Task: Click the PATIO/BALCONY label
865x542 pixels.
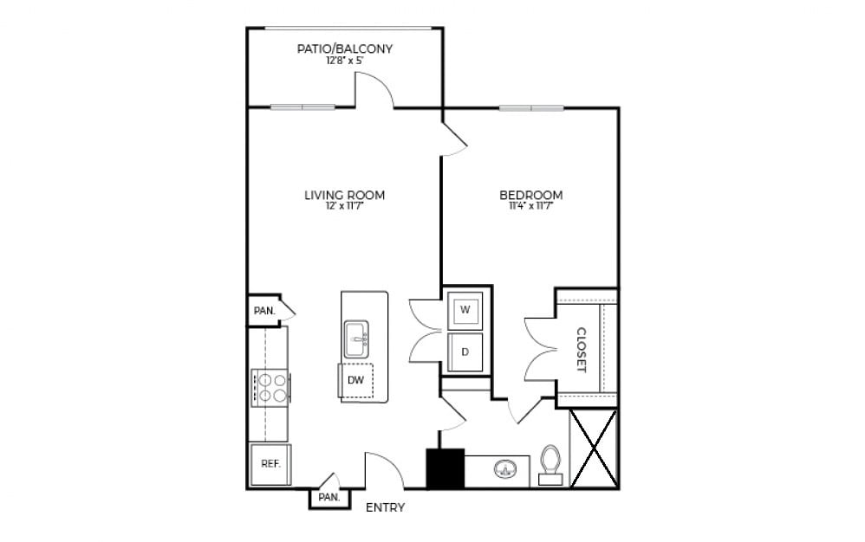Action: pyautogui.click(x=345, y=48)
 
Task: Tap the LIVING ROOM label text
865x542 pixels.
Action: pyautogui.click(x=344, y=195)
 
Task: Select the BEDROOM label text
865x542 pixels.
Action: pyautogui.click(x=531, y=195)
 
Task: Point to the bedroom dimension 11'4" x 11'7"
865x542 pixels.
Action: pyautogui.click(x=531, y=207)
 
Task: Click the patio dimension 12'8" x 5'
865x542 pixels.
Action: pyautogui.click(x=345, y=61)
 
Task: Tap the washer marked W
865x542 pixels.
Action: pyautogui.click(x=465, y=309)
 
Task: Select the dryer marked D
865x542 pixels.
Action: pyautogui.click(x=465, y=352)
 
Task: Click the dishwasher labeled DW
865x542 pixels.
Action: pyautogui.click(x=355, y=380)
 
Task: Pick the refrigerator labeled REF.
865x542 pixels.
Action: pyautogui.click(x=270, y=464)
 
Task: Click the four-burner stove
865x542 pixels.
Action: pyautogui.click(x=270, y=387)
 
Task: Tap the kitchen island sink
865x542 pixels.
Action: pyautogui.click(x=356, y=339)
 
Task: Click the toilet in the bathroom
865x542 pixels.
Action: pyautogui.click(x=550, y=462)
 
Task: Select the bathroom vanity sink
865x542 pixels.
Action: pyautogui.click(x=506, y=470)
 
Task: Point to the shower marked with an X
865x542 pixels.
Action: pyautogui.click(x=594, y=448)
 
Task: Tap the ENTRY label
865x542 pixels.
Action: pyautogui.click(x=385, y=508)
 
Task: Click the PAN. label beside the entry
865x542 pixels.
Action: pyautogui.click(x=328, y=498)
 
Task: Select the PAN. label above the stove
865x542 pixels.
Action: pyautogui.click(x=263, y=310)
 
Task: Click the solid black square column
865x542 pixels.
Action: pyautogui.click(x=446, y=468)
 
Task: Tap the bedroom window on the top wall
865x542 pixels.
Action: pyautogui.click(x=531, y=108)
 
